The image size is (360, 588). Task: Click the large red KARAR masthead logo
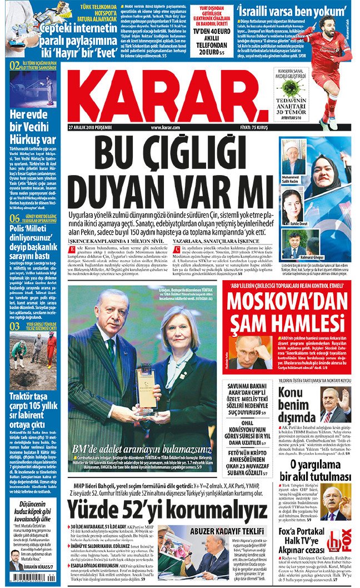[x=167, y=92]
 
